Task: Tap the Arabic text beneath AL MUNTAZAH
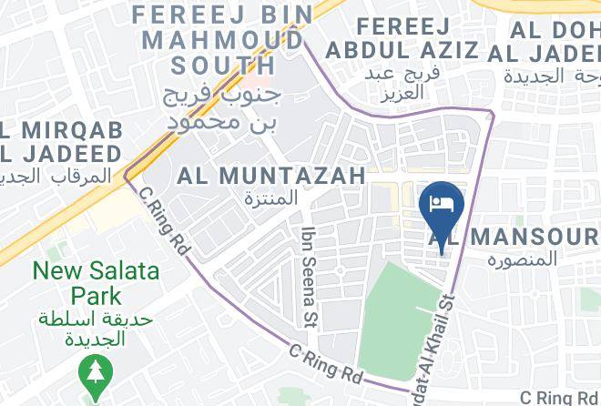pyautogui.click(x=272, y=197)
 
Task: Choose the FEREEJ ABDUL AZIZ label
pyautogui.click(x=401, y=36)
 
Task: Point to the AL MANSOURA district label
pyautogui.click(x=514, y=236)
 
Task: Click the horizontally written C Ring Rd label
pyautogui.click(x=557, y=397)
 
